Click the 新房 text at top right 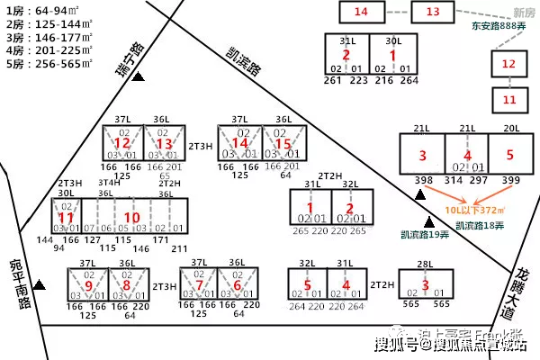[x=523, y=11]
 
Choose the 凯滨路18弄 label [x=481, y=226]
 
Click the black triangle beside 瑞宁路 [x=139, y=78]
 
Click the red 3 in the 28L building [x=426, y=286]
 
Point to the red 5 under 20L [x=509, y=155]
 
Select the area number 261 [x=334, y=80]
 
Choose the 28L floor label [x=426, y=264]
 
